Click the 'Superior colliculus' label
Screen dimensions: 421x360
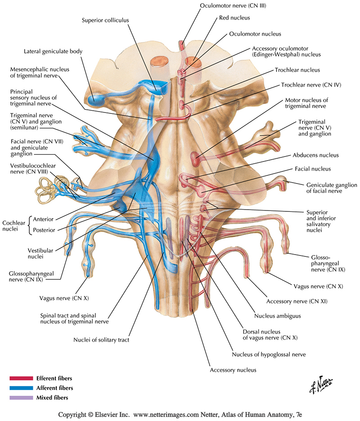point(104,20)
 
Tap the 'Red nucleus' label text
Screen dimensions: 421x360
point(234,18)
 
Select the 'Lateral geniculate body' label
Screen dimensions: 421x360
point(53,52)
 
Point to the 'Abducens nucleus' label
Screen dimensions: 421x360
point(315,155)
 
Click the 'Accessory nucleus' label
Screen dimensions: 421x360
point(233,370)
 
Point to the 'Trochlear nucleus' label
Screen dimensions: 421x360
point(297,70)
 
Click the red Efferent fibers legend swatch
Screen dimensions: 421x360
point(21,378)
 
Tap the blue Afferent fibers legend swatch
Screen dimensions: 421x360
point(21,388)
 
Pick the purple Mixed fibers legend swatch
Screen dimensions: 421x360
point(21,398)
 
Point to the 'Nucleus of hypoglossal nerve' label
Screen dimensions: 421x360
point(269,354)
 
